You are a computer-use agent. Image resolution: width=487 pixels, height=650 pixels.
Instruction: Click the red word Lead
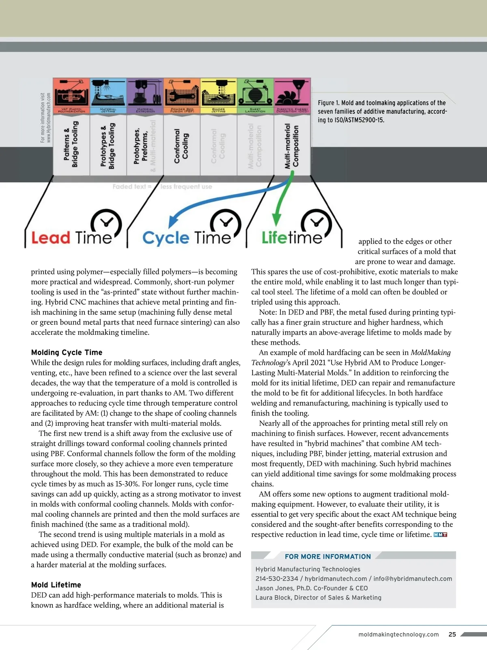coord(51,238)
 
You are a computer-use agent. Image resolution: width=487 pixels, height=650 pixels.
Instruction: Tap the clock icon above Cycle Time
coord(226,223)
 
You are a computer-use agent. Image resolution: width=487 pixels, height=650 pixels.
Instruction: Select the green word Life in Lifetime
coord(275,238)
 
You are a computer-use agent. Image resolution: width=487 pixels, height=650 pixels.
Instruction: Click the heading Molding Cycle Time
coord(67,352)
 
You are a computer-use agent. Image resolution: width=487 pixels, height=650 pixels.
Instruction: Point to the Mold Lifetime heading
coord(56,585)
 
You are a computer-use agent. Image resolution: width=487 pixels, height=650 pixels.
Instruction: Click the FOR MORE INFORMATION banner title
coord(328,557)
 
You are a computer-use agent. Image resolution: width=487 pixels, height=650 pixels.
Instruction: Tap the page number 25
coord(452,634)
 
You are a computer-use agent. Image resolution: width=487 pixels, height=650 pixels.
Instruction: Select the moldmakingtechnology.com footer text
coord(398,634)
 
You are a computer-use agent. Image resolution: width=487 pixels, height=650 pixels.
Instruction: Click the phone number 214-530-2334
coord(276,578)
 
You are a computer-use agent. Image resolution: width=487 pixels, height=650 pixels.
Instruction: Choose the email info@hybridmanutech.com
coord(412,578)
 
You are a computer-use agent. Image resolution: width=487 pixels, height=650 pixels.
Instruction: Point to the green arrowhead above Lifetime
coord(276,220)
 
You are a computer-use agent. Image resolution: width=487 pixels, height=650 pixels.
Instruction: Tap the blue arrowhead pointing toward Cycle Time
coord(173,221)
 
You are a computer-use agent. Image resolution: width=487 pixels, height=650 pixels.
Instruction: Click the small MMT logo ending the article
coord(440,535)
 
